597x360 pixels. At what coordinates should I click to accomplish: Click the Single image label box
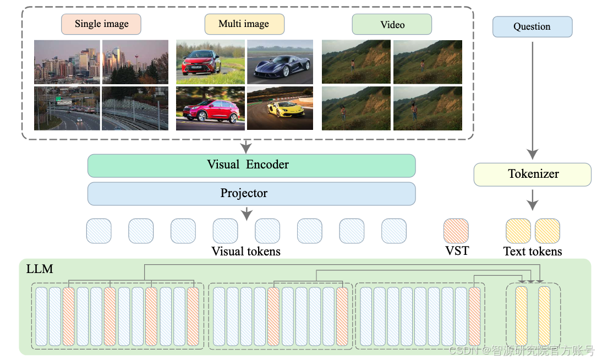coord(101,24)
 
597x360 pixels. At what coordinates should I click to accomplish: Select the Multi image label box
coord(244,24)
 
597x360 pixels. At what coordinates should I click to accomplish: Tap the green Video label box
coord(392,25)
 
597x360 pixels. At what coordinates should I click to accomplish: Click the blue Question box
coord(532,27)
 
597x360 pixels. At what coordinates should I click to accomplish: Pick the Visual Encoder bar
coord(251,165)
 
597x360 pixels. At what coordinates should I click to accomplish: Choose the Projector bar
coord(251,194)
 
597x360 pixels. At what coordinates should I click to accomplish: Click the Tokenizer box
coord(532,174)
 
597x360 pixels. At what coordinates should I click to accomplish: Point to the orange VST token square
coord(456,231)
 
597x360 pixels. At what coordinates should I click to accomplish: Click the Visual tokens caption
coord(246,252)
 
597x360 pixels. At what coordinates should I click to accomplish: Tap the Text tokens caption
coord(533,252)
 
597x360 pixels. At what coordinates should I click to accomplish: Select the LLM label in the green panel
coord(40,270)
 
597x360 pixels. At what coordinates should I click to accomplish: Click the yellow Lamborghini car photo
coord(280,108)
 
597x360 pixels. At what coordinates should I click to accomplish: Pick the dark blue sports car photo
coord(280,62)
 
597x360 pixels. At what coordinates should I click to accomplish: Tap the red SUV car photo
coord(210,108)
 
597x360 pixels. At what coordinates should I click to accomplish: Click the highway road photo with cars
coord(67,108)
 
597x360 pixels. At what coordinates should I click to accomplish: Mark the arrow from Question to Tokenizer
coord(532,99)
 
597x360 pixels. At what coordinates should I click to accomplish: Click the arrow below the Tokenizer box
coord(532,200)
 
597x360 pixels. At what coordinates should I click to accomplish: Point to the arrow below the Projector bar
coord(247,211)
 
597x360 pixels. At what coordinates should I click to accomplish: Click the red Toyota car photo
coord(210,62)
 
